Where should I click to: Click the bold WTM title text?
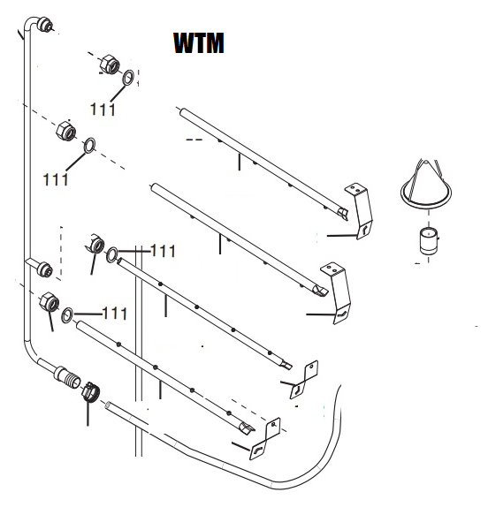click(x=199, y=43)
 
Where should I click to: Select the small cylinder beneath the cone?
click(x=429, y=240)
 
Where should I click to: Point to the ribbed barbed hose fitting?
click(x=68, y=376)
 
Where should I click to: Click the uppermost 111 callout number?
click(x=103, y=110)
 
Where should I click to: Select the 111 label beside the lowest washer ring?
click(x=115, y=314)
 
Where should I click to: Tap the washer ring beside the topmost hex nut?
click(x=128, y=78)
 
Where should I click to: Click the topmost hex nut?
click(x=111, y=64)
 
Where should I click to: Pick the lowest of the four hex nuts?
click(x=50, y=302)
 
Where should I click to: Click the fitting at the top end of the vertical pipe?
click(x=45, y=26)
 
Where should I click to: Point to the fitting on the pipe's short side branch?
click(x=45, y=269)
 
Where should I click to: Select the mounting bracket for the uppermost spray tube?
click(x=359, y=211)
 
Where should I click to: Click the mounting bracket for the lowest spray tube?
click(x=265, y=439)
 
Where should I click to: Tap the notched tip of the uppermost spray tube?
click(x=342, y=213)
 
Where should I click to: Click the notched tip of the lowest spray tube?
click(x=247, y=428)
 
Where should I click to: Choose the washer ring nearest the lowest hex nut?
click(x=67, y=315)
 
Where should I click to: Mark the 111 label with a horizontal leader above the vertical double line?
click(x=163, y=251)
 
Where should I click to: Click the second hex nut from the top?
click(x=66, y=130)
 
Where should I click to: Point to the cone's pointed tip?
click(x=426, y=162)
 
